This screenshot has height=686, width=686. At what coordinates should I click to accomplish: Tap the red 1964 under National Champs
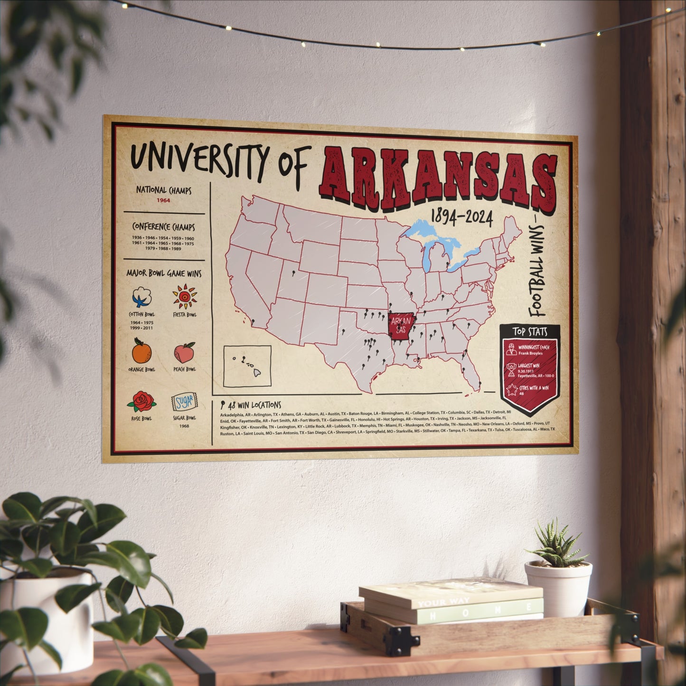point(164,200)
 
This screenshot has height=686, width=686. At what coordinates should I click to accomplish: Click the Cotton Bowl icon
point(142,298)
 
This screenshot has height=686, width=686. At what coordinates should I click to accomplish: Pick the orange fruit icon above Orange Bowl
point(141,352)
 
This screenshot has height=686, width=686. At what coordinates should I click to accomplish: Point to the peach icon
point(184,353)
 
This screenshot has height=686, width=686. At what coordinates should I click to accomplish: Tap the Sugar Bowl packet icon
point(184,403)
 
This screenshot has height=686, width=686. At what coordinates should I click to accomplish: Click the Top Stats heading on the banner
point(530,331)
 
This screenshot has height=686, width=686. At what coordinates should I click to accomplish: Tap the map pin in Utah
point(294,273)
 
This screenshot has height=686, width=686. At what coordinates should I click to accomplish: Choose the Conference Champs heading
point(163,227)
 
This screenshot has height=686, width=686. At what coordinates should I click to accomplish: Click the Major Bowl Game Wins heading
point(163,273)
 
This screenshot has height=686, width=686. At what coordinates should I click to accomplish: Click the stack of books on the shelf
point(451,601)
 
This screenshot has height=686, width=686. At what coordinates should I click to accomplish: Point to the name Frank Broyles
point(531,353)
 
